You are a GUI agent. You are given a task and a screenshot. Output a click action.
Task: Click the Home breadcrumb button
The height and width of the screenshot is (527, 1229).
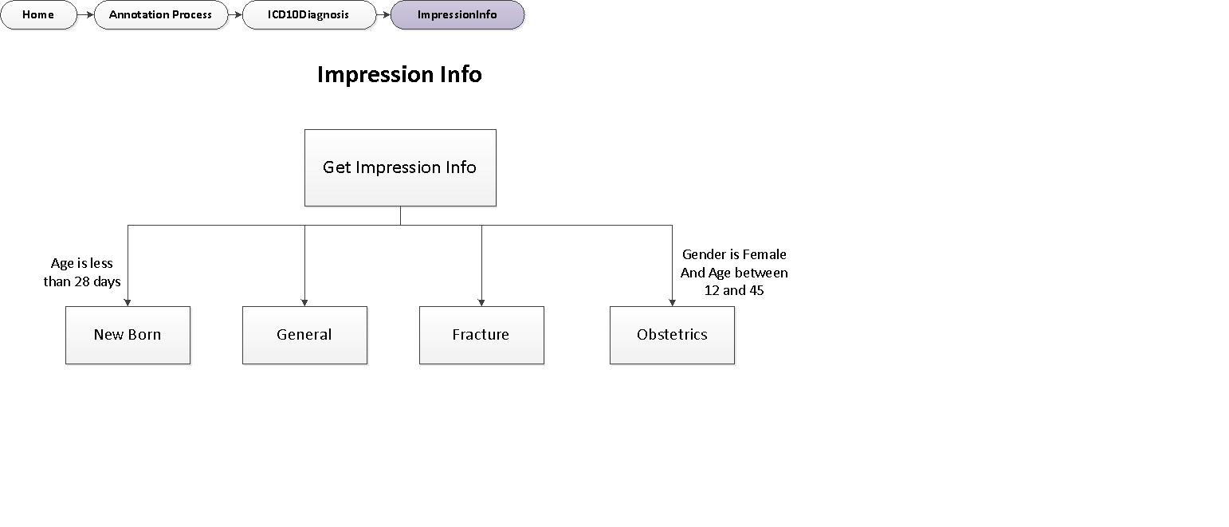click(x=38, y=15)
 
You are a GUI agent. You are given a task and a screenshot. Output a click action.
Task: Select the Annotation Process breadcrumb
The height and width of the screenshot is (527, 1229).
click(x=160, y=15)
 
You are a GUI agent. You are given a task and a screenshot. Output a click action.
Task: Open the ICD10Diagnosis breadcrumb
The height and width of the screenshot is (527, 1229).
click(x=308, y=15)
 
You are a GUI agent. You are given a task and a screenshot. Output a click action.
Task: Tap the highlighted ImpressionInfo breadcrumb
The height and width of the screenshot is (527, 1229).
click(x=457, y=15)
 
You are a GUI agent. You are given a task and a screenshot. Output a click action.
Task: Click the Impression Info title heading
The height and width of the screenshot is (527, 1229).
click(x=399, y=74)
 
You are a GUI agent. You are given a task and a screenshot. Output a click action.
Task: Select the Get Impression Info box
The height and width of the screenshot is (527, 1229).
click(x=400, y=167)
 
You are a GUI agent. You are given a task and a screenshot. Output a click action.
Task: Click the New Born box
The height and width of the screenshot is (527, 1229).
click(x=128, y=335)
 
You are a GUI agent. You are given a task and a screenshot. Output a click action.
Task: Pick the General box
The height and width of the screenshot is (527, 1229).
click(x=304, y=335)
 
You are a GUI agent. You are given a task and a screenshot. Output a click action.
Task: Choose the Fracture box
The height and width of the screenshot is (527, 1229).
click(x=481, y=335)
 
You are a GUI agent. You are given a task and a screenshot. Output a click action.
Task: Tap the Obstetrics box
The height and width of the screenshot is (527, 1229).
click(x=672, y=335)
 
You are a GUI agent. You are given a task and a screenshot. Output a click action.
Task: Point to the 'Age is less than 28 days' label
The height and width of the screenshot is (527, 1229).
click(x=82, y=273)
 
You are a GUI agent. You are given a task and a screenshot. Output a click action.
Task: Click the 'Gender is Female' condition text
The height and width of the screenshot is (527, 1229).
click(x=734, y=254)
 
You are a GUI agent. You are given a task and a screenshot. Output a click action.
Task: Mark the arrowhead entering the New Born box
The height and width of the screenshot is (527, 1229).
click(x=128, y=302)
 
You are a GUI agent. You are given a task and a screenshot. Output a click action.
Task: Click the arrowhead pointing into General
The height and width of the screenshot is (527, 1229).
click(x=304, y=302)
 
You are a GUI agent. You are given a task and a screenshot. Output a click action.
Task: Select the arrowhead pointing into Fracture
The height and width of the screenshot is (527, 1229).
click(x=481, y=302)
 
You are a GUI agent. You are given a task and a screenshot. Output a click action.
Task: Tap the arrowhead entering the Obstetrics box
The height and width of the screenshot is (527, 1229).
click(x=672, y=302)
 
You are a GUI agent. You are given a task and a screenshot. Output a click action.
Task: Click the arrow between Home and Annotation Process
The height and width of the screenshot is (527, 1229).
click(x=86, y=15)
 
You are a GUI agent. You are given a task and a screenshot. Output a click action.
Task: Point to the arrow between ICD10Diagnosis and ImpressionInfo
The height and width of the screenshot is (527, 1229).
click(x=383, y=15)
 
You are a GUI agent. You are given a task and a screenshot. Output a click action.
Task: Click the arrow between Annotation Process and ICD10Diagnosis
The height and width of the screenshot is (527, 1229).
click(x=235, y=15)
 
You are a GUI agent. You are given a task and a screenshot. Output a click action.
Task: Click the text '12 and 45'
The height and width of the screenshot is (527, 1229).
click(x=734, y=290)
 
